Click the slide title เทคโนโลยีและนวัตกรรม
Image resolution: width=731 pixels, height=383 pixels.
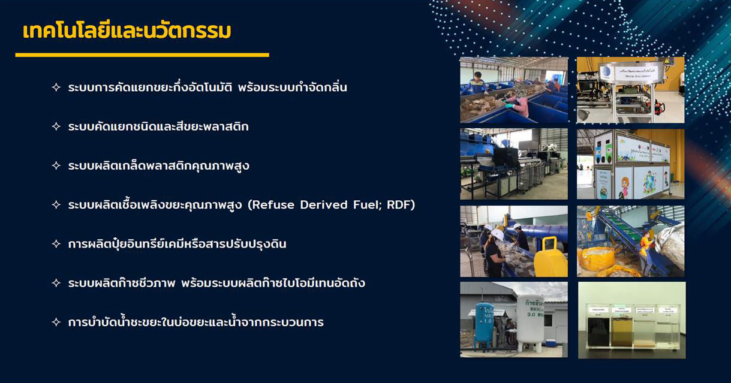click(127, 31)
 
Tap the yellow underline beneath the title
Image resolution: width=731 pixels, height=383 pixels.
click(142, 55)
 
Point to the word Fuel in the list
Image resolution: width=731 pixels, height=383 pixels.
click(366, 205)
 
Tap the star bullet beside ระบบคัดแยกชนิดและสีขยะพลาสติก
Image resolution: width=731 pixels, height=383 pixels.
click(56, 127)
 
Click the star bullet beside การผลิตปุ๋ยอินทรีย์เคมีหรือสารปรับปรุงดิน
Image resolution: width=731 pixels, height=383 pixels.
click(56, 244)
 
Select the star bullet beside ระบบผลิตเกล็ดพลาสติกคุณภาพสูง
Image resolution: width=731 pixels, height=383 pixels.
click(56, 166)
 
